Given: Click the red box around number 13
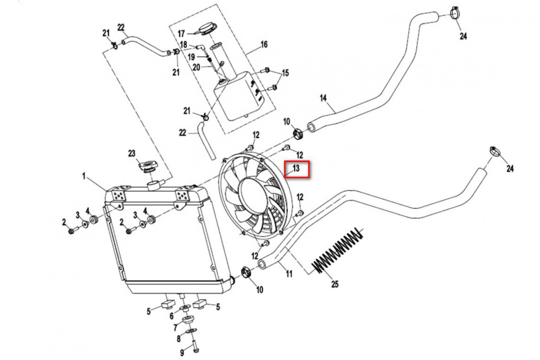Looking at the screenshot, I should point(297,169).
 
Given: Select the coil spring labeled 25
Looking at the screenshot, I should point(339,252).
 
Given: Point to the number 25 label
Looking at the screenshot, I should point(334,284).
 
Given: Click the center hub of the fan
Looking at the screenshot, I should point(255,196).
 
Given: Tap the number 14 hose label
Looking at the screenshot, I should point(323,98).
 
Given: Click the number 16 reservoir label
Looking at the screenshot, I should point(264,45).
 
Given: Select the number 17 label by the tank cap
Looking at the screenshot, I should point(181,33).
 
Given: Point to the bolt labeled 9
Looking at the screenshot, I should point(195,348).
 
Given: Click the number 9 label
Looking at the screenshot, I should point(182,352).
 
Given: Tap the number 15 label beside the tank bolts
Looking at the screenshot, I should point(285,73).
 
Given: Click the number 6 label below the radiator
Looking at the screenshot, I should point(171,316).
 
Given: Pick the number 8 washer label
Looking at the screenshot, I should point(179,339).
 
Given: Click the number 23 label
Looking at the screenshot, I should point(132,153).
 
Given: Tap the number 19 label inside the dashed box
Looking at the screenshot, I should point(191,57).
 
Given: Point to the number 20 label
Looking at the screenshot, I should point(196,67).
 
